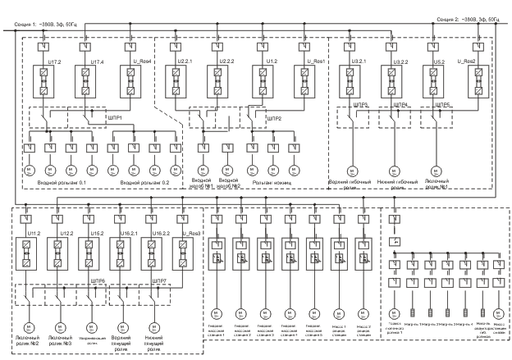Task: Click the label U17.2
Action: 55,62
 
